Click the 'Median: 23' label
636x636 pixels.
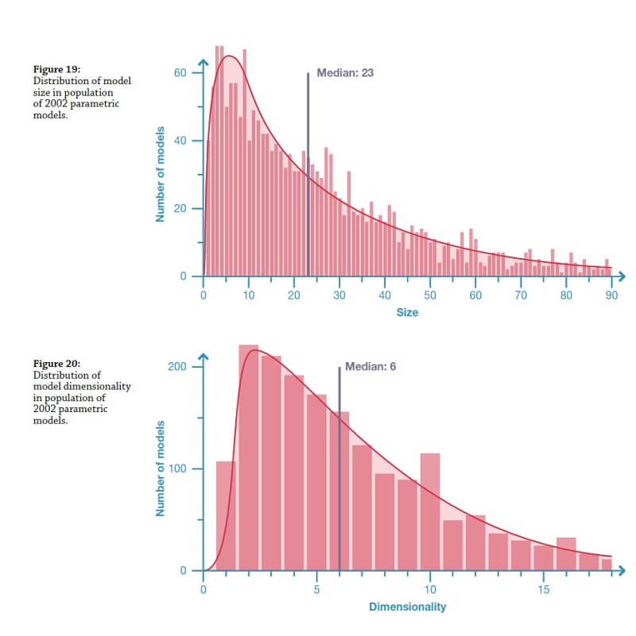tap(345, 72)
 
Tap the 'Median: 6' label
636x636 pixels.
tap(370, 366)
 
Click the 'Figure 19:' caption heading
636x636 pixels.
tap(56, 71)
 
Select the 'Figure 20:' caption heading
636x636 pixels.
tap(56, 364)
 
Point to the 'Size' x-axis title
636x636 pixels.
tap(407, 312)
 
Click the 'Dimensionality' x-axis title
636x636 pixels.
tap(407, 607)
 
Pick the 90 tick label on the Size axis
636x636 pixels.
tap(611, 295)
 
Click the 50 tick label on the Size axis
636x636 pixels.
tap(430, 295)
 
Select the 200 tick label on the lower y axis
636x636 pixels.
tap(176, 367)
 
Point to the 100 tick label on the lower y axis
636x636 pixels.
tap(176, 468)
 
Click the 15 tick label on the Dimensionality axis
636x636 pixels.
tap(543, 590)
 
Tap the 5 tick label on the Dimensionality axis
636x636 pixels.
tap(316, 590)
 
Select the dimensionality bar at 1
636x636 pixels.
tap(226, 516)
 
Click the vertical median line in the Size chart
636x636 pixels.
tap(308, 175)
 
